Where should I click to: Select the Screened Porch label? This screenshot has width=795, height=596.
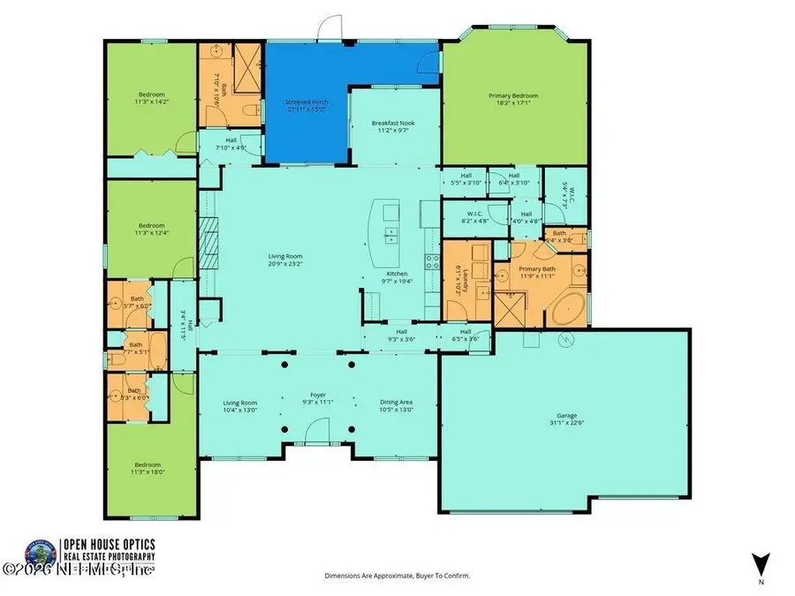point(307,107)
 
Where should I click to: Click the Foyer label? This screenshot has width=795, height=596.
point(318,399)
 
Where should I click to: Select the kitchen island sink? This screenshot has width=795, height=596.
point(390,235)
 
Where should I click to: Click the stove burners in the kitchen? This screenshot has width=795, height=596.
point(433,261)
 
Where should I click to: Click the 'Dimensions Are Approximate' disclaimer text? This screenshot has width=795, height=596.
point(397,576)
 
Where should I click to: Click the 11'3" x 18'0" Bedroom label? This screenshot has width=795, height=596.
point(148,469)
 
